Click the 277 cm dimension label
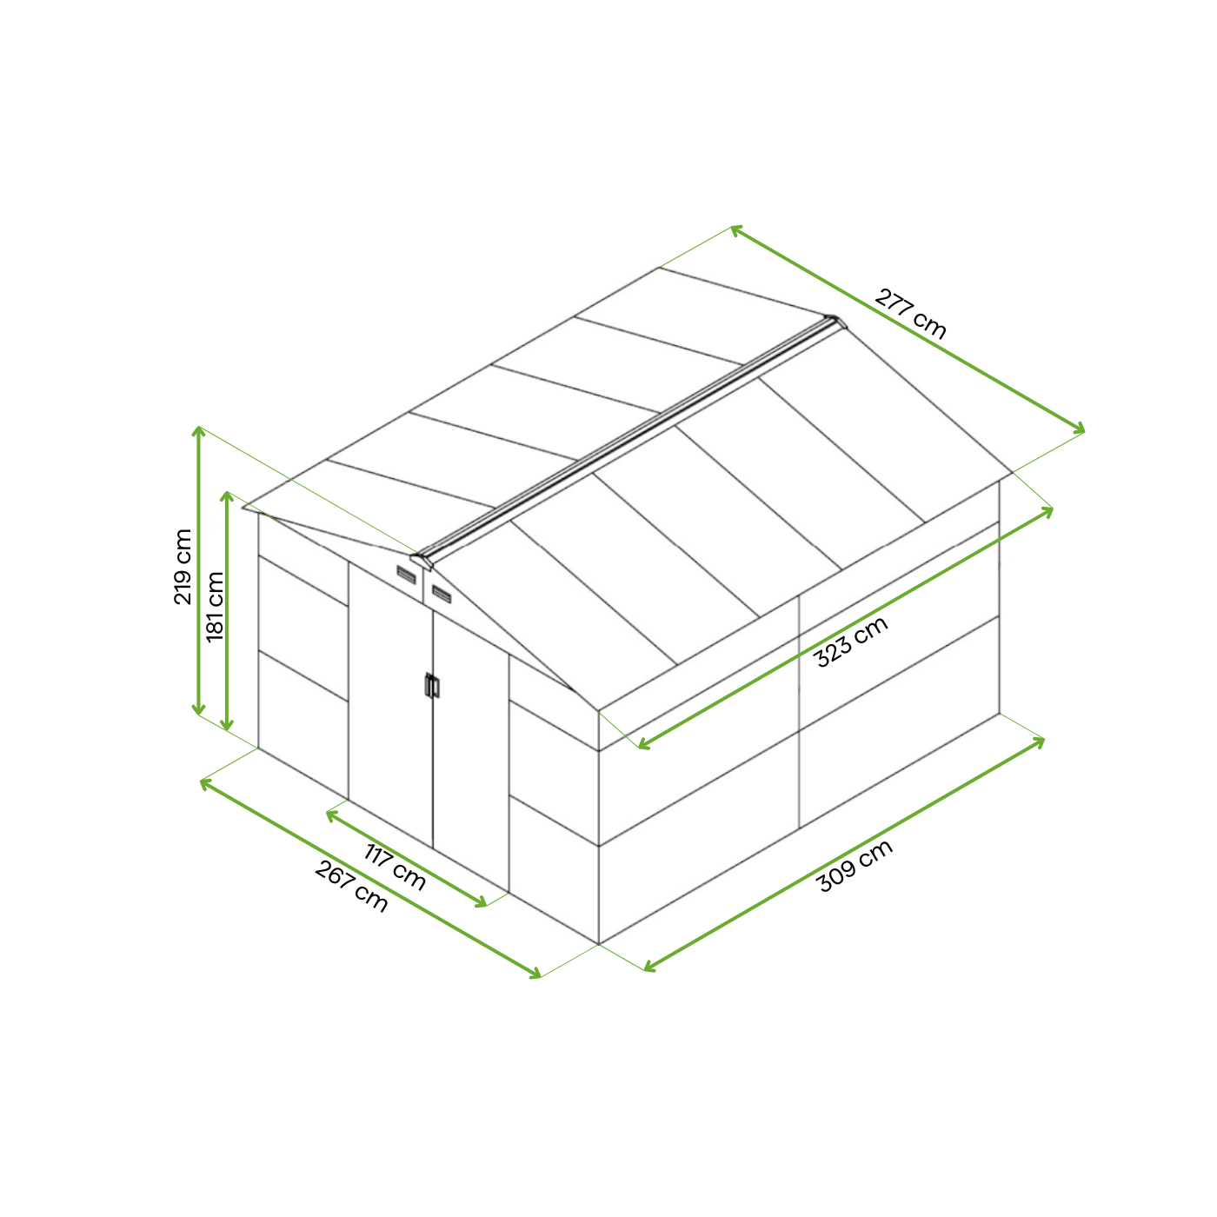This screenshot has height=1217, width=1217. [910, 314]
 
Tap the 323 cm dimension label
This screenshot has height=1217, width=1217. [852, 641]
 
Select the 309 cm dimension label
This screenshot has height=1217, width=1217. [855, 866]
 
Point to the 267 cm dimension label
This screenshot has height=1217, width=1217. [351, 887]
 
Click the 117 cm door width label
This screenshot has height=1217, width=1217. [395, 866]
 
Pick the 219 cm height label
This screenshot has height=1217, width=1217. [183, 567]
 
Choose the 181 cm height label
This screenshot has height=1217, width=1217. [216, 606]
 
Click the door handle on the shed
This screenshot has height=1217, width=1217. [432, 686]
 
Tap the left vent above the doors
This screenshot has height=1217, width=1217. [406, 575]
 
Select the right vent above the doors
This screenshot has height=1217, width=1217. [442, 595]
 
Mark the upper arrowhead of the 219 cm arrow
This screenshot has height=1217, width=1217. [198, 431]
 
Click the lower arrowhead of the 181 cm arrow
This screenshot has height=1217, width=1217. [227, 725]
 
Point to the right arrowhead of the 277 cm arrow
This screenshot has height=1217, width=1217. [1079, 429]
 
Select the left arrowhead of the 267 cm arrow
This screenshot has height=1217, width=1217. [206, 783]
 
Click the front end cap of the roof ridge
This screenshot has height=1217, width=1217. [422, 560]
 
